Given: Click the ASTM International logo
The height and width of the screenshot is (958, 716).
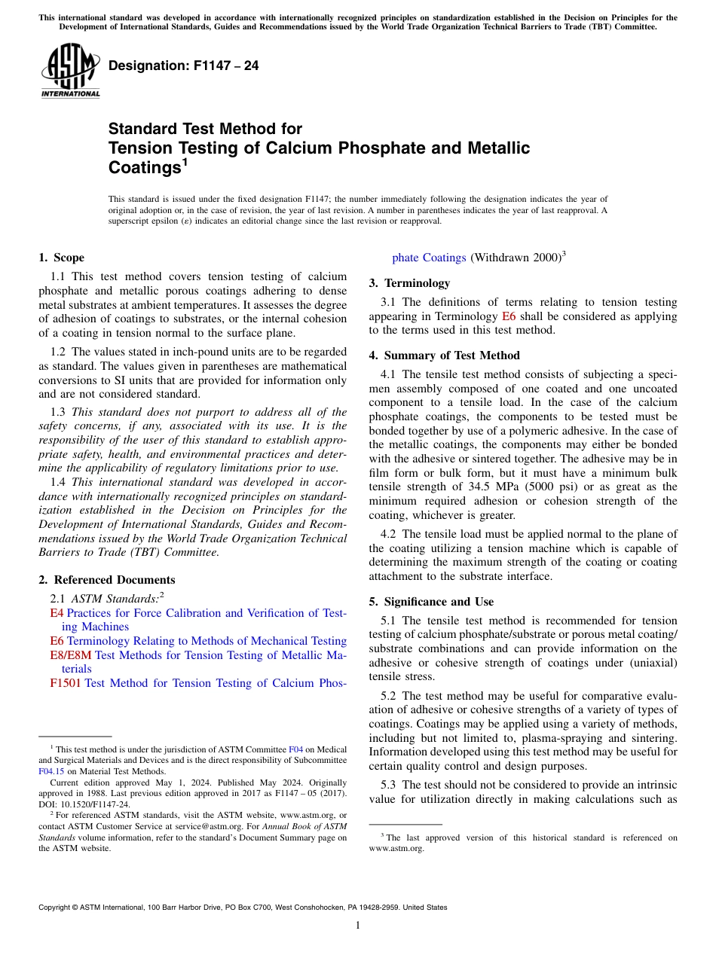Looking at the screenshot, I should pyautogui.click(x=69, y=71).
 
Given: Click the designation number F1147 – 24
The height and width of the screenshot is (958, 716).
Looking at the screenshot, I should pyautogui.click(x=183, y=66).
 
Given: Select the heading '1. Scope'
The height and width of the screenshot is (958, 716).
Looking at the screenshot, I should pyautogui.click(x=61, y=258).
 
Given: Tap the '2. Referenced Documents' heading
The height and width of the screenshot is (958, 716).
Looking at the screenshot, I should pyautogui.click(x=106, y=580).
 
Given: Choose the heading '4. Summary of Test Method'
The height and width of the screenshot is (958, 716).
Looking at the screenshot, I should pyautogui.click(x=444, y=355).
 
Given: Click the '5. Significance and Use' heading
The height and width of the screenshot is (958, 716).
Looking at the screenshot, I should pyautogui.click(x=431, y=602).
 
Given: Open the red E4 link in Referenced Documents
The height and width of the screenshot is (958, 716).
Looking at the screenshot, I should pyautogui.click(x=57, y=613).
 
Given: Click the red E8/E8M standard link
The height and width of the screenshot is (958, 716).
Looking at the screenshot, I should pyautogui.click(x=70, y=655).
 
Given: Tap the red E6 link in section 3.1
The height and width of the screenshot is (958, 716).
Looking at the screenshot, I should pyautogui.click(x=509, y=316).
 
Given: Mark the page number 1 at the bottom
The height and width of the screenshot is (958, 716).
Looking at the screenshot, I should pyautogui.click(x=358, y=926).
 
